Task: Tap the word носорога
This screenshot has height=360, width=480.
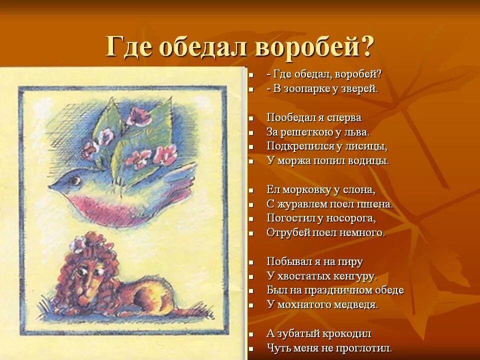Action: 350,218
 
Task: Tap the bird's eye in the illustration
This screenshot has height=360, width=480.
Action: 76,177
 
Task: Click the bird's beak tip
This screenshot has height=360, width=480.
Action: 49,186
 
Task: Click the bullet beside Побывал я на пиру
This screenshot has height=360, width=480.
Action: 254,262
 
